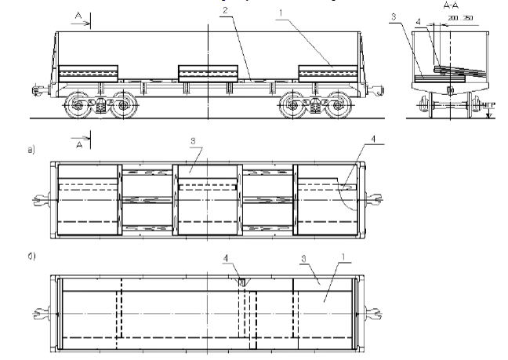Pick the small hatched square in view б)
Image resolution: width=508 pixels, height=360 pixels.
[243, 281]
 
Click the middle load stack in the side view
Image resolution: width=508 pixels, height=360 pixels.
[208, 73]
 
